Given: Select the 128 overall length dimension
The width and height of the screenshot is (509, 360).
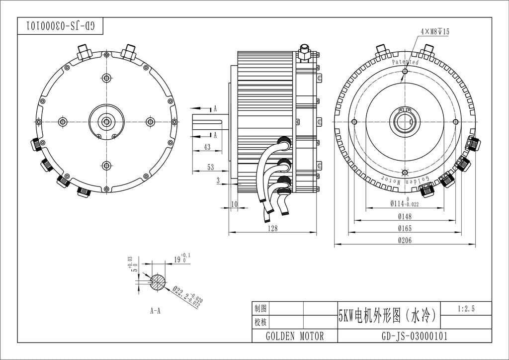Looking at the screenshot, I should click(272, 228).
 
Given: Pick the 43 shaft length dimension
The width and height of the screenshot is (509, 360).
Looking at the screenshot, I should click(207, 147).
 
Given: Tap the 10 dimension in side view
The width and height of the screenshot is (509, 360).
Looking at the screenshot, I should click(234, 204).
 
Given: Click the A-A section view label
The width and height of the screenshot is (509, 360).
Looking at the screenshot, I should click(155, 311).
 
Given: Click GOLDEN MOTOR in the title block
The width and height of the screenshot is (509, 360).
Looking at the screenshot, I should click(295, 336).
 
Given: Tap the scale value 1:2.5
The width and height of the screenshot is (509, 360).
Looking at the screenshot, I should click(466, 309).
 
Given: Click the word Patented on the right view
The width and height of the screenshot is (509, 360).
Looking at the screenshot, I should click(405, 62).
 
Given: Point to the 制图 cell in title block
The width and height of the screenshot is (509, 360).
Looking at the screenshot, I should click(261, 308).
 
